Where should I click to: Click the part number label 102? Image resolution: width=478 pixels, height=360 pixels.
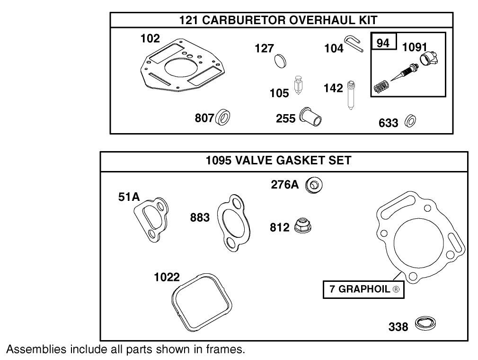(150, 39)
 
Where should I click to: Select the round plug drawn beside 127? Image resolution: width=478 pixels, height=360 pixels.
(281, 61)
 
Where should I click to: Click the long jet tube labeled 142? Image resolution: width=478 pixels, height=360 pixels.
(351, 94)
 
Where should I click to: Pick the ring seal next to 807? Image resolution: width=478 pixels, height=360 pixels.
(223, 118)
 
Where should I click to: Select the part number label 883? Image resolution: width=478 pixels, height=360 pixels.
(200, 217)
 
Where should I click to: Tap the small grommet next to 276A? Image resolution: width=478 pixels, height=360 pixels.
(314, 185)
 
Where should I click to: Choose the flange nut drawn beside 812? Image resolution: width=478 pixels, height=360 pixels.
(302, 225)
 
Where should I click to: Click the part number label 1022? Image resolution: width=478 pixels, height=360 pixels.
(167, 277)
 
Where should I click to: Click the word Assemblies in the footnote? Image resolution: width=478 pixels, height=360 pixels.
(35, 350)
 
